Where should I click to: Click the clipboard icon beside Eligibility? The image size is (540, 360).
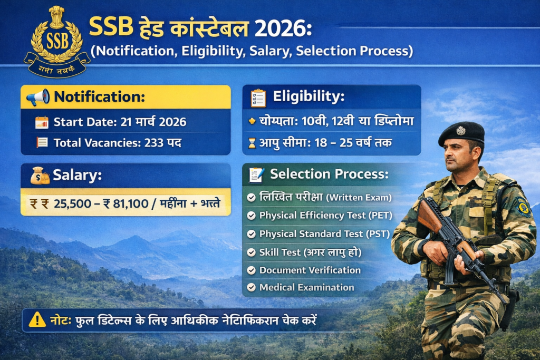coord(258,97)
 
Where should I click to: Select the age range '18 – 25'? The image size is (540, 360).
coord(338,143)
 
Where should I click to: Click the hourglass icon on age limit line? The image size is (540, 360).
coord(252,143)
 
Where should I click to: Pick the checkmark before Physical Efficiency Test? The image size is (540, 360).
coord(252,216)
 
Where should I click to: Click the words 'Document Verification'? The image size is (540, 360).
coord(310,270)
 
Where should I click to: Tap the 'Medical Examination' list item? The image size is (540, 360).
coord(306,287)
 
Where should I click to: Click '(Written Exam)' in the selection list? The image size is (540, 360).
coord(358,198)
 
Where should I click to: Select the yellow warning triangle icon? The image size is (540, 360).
coord(37,319)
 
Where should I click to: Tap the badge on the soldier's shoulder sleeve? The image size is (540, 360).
coord(523,207)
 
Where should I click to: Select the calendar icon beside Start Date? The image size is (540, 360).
coord(42,122)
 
